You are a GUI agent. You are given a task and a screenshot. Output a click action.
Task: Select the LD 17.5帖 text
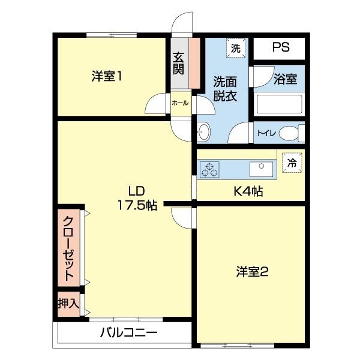click(x=137, y=199)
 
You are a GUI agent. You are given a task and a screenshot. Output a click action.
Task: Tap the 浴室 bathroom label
click(x=284, y=79)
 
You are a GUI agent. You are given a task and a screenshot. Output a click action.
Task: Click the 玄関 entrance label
click(x=179, y=63)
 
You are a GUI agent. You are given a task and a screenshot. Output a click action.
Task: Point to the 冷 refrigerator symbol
click(x=292, y=162)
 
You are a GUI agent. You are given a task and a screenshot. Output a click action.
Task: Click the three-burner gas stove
click(x=210, y=170)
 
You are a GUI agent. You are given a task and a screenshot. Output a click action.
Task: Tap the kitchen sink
click(x=262, y=169)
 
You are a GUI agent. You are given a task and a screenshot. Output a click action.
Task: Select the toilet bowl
click(x=290, y=132)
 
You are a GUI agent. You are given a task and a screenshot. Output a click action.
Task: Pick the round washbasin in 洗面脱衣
click(x=203, y=131)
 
